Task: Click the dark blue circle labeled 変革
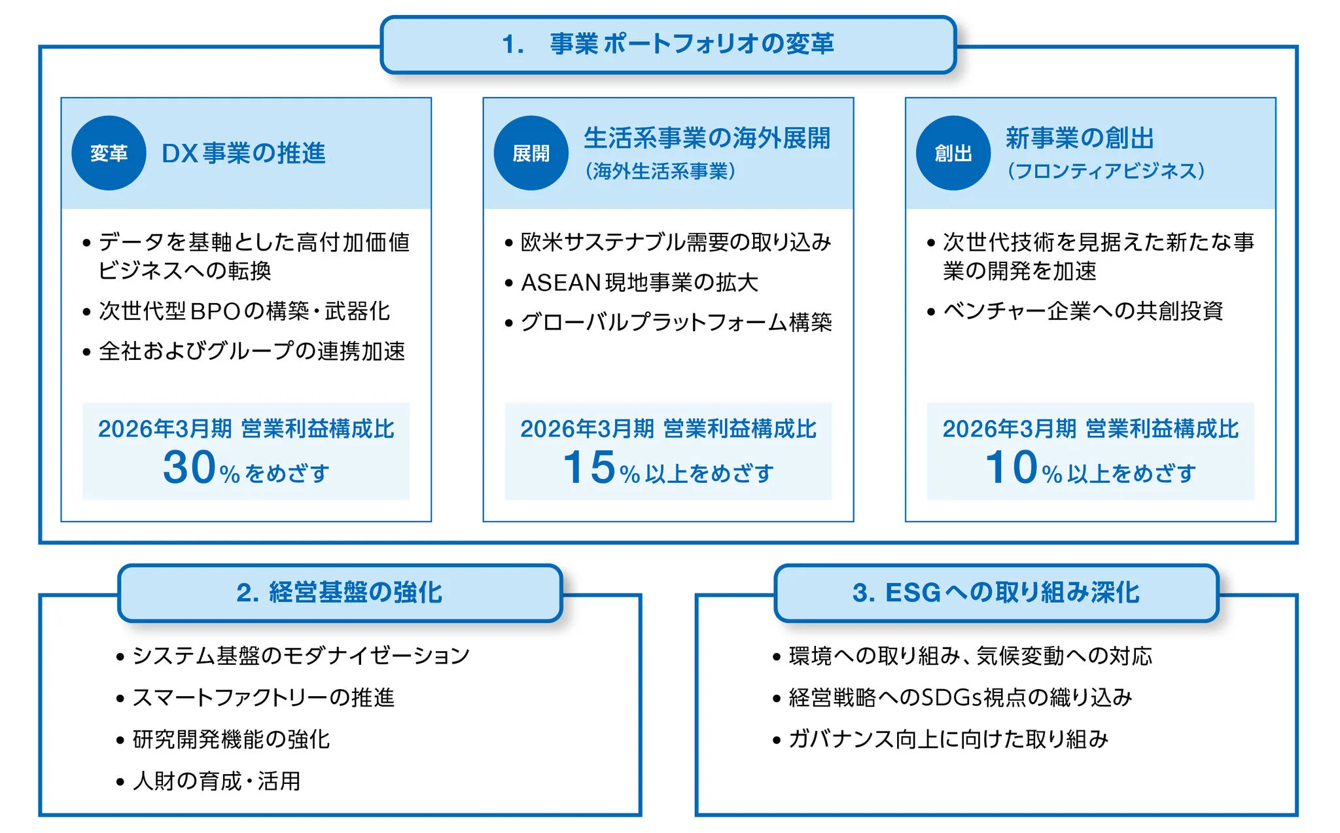109,153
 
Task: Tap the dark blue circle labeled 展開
531,153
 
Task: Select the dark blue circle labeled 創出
953,153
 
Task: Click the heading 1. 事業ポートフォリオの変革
668,44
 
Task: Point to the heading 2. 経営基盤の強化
340,593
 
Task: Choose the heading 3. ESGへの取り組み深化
996,593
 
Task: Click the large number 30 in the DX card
189,467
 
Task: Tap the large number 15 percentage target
589,467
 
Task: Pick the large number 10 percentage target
1012,467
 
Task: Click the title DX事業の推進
243,153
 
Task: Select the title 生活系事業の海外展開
707,138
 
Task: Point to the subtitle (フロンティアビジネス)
1106,171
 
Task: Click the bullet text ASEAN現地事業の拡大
639,283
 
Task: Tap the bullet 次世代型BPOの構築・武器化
244,311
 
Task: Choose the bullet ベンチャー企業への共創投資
1083,311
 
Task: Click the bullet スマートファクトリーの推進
263,698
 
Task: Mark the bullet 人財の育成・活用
216,781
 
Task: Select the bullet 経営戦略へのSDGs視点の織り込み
960,698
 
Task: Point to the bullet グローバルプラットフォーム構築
676,323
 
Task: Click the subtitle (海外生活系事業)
660,171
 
